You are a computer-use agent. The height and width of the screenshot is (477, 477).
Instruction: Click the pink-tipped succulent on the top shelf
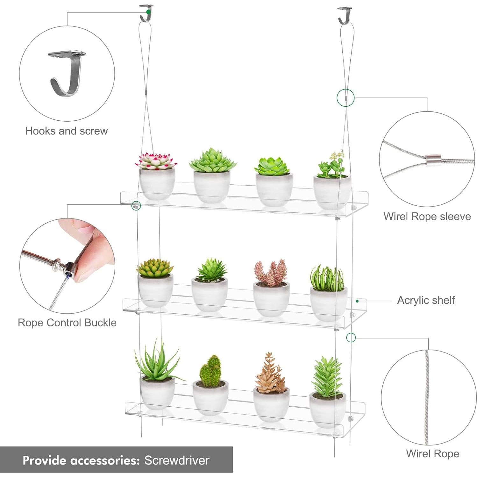tap(156, 161)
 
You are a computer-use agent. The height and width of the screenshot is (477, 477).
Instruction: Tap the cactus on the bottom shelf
tap(210, 371)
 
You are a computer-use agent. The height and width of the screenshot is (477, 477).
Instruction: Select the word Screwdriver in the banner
tap(177, 460)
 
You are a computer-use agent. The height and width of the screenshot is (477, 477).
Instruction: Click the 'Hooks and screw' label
tap(66, 131)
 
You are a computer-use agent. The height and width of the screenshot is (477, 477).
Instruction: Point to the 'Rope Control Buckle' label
tap(67, 323)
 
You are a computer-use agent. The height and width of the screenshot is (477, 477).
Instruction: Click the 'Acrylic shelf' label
tap(426, 300)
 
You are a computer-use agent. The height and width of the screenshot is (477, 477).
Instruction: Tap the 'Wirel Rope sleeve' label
tap(427, 216)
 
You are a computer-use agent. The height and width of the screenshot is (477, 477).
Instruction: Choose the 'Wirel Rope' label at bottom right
tap(432, 453)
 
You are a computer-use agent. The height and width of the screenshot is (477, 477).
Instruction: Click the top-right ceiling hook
tap(345, 15)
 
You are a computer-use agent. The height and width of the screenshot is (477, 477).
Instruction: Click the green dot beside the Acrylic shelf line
tap(357, 301)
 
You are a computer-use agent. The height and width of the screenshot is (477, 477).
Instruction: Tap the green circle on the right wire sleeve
tap(345, 97)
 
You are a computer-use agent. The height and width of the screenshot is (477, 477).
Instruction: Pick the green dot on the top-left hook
tap(148, 12)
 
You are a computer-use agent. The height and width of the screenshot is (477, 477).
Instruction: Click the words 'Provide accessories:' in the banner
tap(81, 460)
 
